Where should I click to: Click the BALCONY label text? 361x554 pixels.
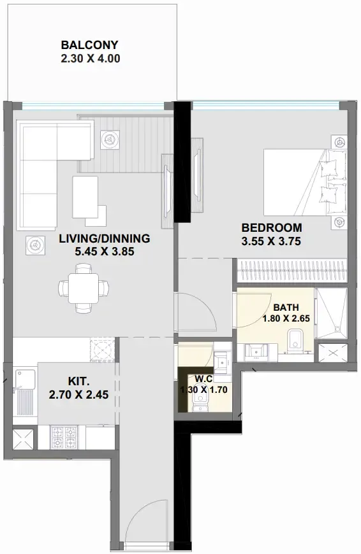point(89,45)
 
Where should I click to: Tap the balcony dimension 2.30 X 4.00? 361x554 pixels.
point(91,59)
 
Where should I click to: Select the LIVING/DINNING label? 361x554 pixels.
point(105,239)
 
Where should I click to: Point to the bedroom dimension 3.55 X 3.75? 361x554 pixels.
point(271,241)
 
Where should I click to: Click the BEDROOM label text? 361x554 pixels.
point(272,227)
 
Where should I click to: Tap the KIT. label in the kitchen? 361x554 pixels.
point(78,381)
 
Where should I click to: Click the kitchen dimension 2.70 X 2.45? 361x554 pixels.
point(78,395)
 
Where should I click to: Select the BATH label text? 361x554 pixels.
point(286,308)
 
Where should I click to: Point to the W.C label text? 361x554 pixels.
point(204,379)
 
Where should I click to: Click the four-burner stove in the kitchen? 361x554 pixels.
point(64,437)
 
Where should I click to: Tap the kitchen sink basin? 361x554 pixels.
point(25,378)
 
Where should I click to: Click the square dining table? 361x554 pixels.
point(84,288)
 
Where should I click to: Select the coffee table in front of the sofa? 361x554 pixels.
point(85,197)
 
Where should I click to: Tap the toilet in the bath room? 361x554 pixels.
point(295,341)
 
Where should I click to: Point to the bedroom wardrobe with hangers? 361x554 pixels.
point(291,271)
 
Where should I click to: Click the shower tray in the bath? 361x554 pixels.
point(330,314)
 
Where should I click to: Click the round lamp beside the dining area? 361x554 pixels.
point(35,245)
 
